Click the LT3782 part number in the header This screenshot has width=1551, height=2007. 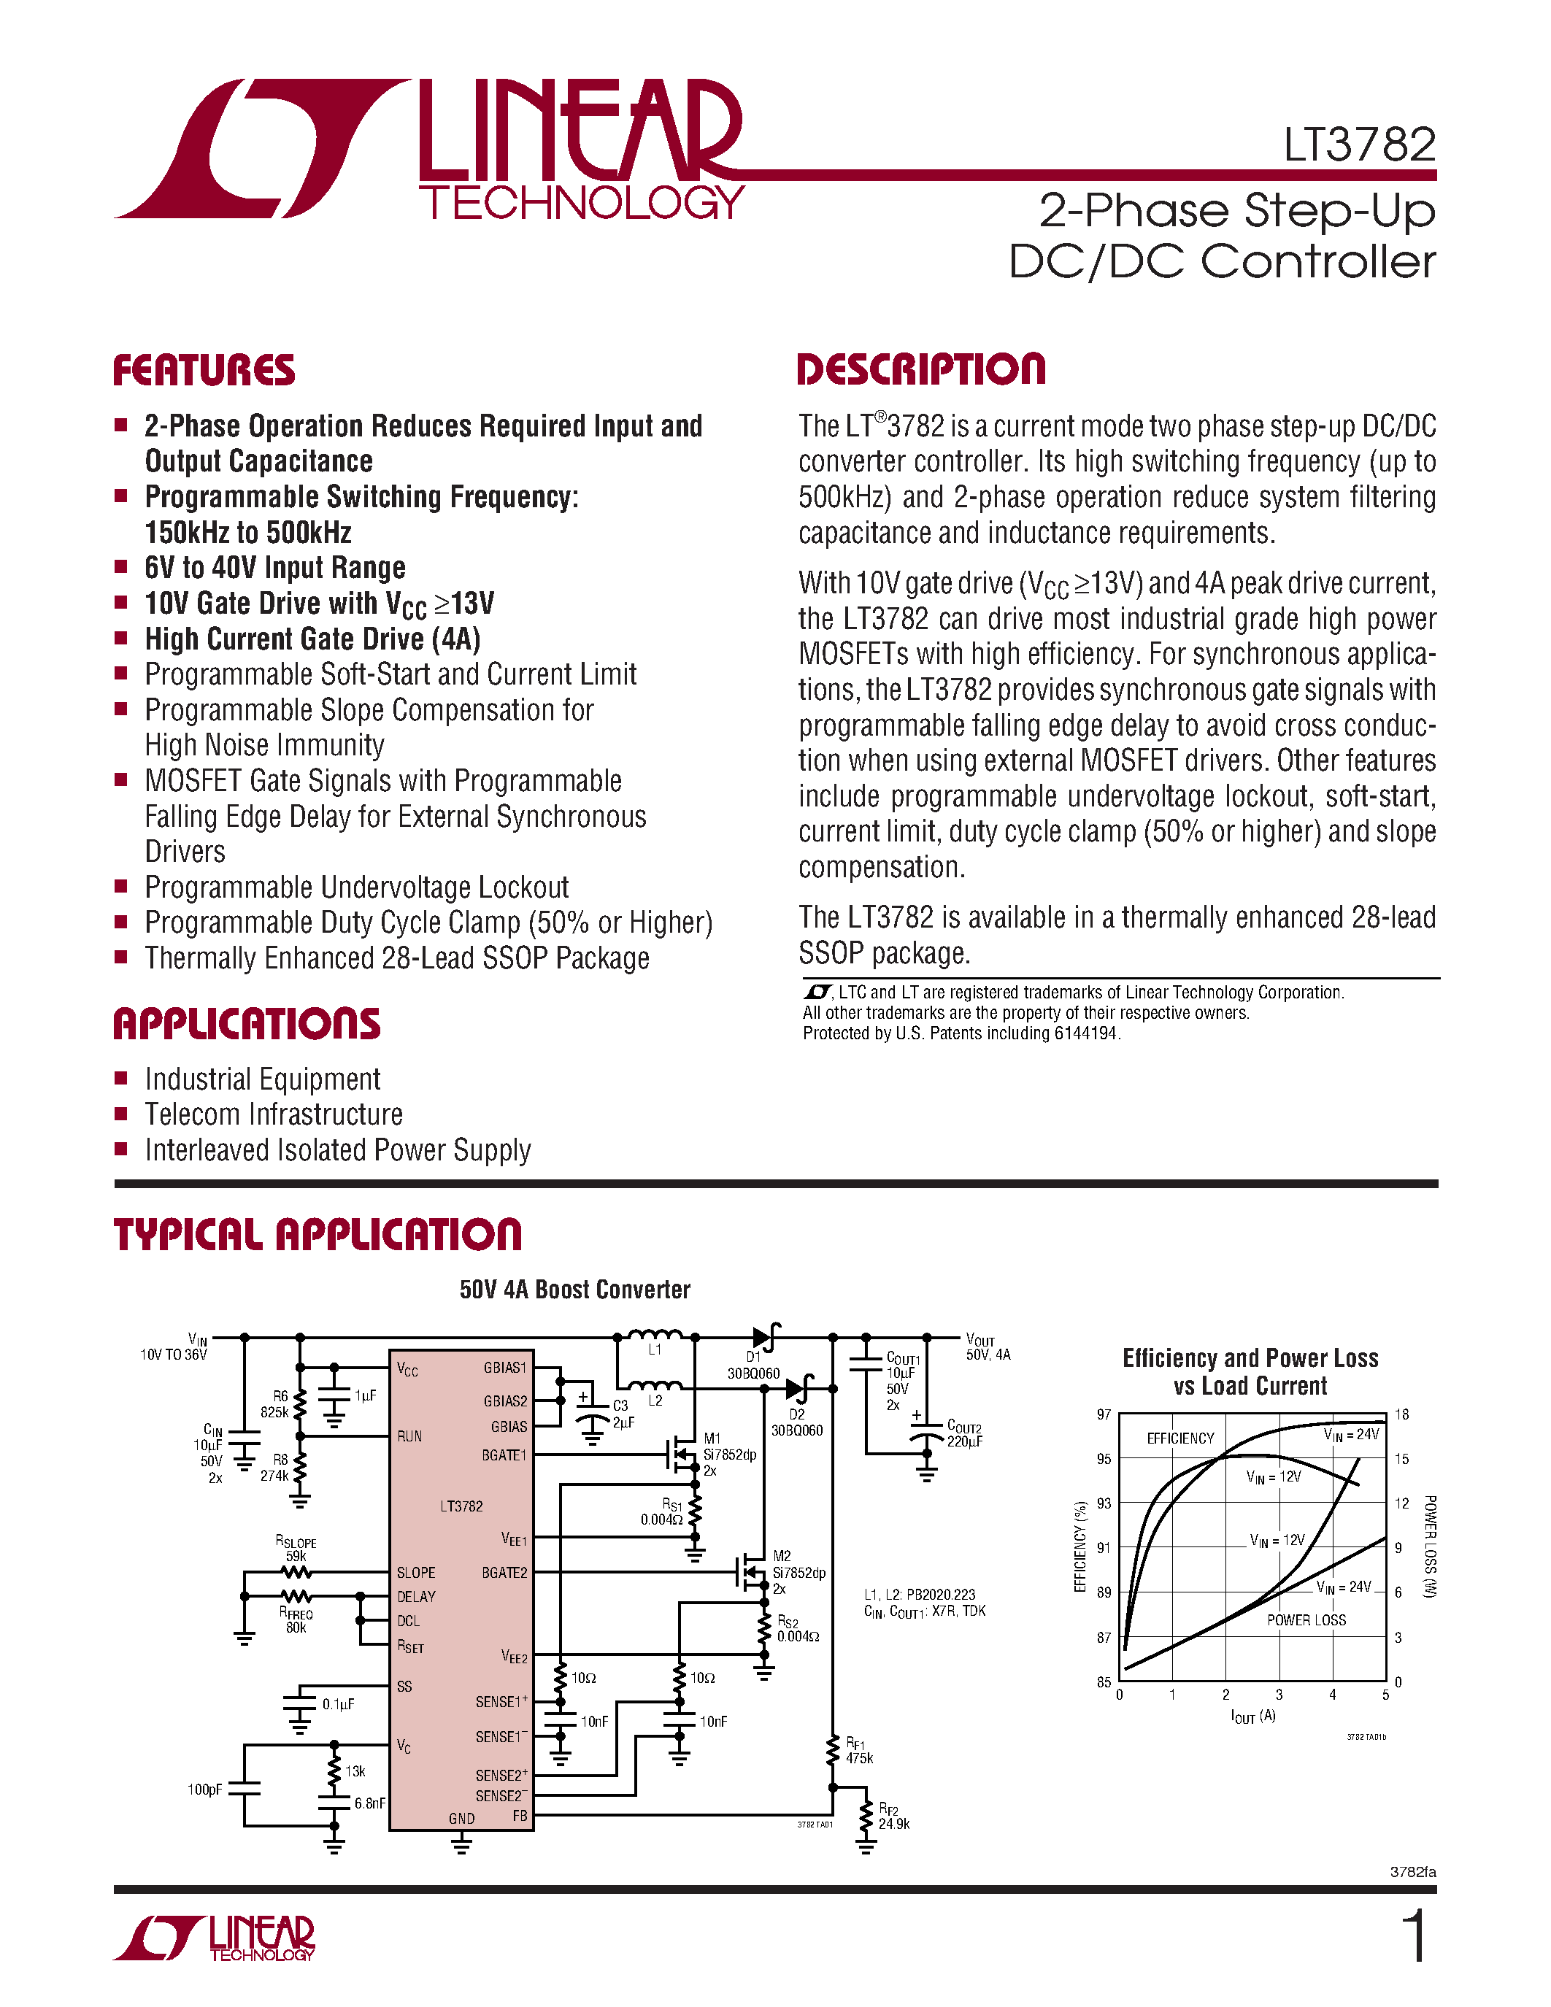point(1359,145)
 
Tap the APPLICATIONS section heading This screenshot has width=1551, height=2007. point(246,1024)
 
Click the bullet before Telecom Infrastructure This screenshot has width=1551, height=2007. point(120,1114)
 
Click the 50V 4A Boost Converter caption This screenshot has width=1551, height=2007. point(574,1290)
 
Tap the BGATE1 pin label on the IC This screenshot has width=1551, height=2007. point(504,1455)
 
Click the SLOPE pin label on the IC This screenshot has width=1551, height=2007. point(415,1572)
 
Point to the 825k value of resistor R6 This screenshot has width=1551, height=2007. point(274,1411)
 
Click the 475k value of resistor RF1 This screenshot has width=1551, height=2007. point(859,1758)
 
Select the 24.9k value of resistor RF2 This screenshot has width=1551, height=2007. point(893,1823)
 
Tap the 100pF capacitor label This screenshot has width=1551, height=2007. point(204,1790)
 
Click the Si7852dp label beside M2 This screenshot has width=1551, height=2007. point(798,1572)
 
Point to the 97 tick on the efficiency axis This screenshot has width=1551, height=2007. point(1104,1414)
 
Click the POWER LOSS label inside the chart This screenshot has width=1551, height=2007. point(1306,1620)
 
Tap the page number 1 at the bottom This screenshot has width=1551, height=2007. point(1416,1936)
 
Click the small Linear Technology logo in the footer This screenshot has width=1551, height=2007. point(214,1939)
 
